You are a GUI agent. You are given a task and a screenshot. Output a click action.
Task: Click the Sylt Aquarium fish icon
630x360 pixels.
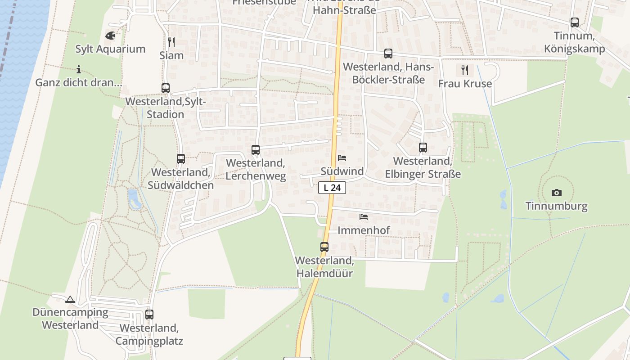pos(110,35)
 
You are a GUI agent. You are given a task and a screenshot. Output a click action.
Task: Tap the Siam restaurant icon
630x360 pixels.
pos(171,42)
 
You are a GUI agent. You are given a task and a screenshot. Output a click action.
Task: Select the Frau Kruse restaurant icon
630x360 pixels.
pos(465,70)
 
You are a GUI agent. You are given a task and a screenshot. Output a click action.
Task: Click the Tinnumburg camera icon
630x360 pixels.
pos(557,193)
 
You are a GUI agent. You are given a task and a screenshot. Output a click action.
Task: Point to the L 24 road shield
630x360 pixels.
pos(332,188)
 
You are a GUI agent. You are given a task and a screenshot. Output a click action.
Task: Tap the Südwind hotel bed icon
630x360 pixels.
pos(342,158)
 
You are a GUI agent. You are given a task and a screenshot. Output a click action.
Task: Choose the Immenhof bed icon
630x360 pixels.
pos(364,217)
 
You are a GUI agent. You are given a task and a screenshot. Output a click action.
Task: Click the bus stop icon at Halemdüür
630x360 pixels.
pos(324,247)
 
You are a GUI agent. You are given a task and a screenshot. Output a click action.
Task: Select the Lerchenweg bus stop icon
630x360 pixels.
pos(256,149)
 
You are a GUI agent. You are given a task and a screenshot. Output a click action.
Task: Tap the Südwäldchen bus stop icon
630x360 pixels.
pos(181,158)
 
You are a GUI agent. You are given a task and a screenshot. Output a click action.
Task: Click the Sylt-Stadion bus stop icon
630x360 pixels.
pos(166,88)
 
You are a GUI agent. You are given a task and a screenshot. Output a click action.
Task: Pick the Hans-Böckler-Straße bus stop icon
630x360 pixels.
pos(388,54)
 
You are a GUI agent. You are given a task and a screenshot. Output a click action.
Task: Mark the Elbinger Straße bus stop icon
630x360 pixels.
pos(423,147)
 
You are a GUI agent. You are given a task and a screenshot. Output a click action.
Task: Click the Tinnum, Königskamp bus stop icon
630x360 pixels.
pos(575,22)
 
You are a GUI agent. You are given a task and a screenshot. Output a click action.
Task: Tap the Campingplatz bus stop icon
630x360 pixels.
pos(149,315)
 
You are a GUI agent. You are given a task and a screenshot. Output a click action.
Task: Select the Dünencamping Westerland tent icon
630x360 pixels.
pos(70,299)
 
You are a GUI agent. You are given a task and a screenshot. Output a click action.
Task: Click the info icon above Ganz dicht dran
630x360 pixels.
pos(79,69)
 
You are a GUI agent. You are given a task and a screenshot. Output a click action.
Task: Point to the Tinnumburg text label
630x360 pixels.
pos(557,206)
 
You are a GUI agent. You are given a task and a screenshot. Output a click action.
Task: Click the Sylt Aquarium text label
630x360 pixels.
pos(110,49)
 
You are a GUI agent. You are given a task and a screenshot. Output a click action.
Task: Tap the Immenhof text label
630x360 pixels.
pos(364,230)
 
